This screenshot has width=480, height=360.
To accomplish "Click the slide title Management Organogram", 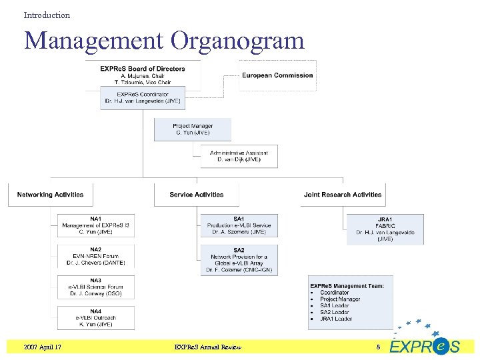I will point(164,41).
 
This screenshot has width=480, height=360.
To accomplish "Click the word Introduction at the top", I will point(47,15).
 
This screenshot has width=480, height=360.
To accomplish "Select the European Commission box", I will point(277,75).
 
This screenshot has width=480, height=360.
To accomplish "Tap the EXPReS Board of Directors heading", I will point(143,69).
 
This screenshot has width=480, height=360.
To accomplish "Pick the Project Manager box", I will point(193,129).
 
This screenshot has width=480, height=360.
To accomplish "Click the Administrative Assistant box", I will point(239,156).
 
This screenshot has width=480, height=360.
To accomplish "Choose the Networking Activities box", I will point(51,195).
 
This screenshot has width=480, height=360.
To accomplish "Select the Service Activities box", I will point(196,195).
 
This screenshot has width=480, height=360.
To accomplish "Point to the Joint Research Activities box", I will point(343,195).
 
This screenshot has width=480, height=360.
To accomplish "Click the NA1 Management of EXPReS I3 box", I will point(96,225).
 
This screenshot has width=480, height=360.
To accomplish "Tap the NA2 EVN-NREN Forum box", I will point(96,257).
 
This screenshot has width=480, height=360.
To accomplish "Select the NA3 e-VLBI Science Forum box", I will point(96,287).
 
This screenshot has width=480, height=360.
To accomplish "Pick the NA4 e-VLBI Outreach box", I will point(96,317).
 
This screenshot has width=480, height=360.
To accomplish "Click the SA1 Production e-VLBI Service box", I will point(239,225).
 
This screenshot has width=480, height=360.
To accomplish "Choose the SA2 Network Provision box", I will point(239,260).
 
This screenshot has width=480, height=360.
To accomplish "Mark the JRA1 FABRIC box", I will point(385,229).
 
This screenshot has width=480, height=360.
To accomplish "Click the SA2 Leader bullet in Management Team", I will point(335,312).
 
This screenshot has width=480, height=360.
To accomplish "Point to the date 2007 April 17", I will point(43,347).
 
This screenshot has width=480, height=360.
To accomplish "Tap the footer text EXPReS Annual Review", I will point(207,347).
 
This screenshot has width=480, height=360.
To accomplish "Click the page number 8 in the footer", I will point(378,347).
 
